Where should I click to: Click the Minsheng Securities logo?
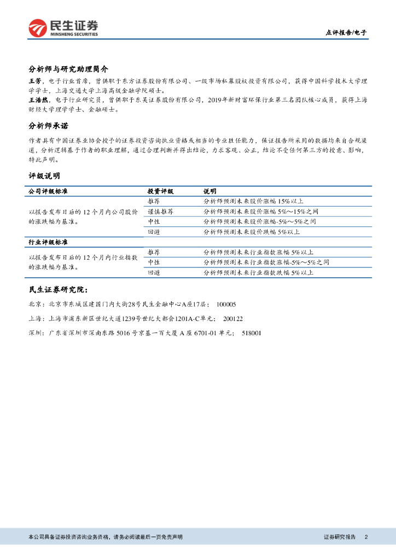pyautogui.click(x=63, y=27)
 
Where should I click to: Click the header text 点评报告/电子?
pyautogui.click(x=346, y=33)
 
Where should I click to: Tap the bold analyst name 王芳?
pyautogui.click(x=36, y=81)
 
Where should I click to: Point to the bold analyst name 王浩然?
pyautogui.click(x=39, y=100)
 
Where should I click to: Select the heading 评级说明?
pyautogui.click(x=44, y=176)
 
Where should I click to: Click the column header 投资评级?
pyautogui.click(x=160, y=192)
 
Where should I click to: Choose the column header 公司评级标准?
pyautogui.click(x=51, y=192)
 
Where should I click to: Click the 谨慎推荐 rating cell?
pyautogui.click(x=160, y=212)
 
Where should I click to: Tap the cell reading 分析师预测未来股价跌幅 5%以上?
pyautogui.click(x=251, y=232)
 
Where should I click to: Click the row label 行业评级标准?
pyautogui.click(x=51, y=242)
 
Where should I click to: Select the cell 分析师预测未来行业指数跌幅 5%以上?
pyautogui.click(x=258, y=272)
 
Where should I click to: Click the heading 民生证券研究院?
pyautogui.click(x=57, y=290)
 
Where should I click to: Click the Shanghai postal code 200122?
pyautogui.click(x=233, y=318)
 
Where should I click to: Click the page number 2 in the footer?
pyautogui.click(x=365, y=537)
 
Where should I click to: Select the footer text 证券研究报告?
pyautogui.click(x=340, y=537)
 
